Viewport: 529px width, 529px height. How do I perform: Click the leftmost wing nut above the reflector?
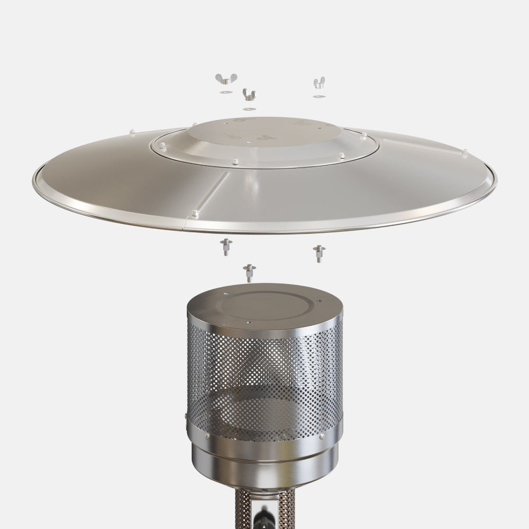pos(226,79)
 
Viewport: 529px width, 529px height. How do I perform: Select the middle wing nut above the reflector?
pos(249,95)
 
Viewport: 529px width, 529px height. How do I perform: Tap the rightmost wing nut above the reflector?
pos(318,83)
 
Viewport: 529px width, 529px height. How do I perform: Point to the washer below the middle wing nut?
pos(249,109)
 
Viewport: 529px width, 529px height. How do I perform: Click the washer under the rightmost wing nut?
pos(318,96)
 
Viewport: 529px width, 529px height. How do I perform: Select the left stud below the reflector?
pos(226,245)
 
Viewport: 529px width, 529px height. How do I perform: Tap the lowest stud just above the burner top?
pos(249,272)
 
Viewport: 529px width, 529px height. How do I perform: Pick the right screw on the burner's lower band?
pos(321,436)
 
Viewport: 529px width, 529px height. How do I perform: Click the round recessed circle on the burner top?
pos(264,305)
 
